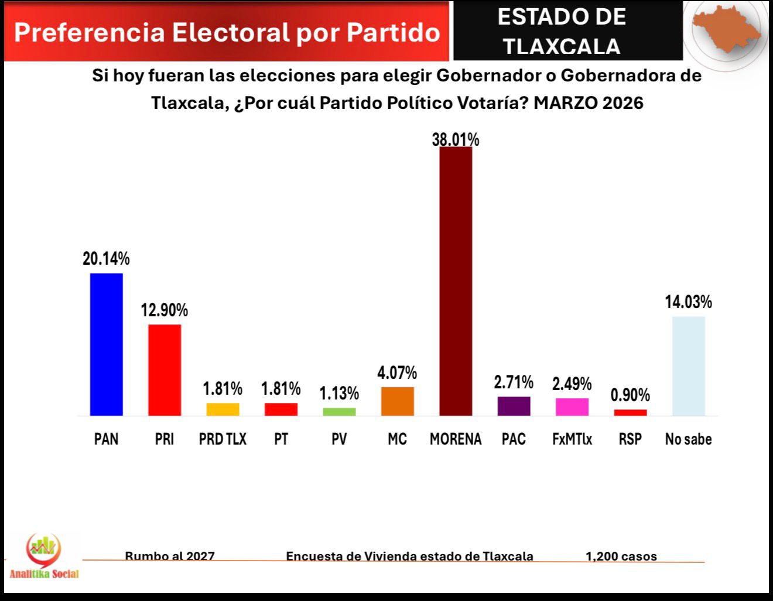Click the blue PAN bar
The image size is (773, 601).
point(106,344)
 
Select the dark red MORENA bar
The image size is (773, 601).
point(456,281)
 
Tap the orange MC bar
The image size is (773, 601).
point(397,401)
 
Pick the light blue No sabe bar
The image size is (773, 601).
point(688,366)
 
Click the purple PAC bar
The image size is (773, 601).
point(514,406)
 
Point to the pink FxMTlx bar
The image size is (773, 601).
point(572,407)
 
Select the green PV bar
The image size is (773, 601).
point(339,412)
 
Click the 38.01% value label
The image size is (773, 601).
point(456,139)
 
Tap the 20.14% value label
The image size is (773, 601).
point(106,258)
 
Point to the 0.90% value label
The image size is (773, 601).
point(630,395)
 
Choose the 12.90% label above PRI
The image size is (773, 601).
point(164,310)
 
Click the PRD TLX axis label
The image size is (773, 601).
point(223,439)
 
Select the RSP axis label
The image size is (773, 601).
point(630,439)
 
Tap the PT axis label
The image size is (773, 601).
point(281,439)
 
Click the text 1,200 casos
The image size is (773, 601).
point(621,556)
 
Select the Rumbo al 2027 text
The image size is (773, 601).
point(170,556)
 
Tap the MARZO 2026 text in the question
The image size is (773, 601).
point(589,103)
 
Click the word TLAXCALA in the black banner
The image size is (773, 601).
point(562,46)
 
